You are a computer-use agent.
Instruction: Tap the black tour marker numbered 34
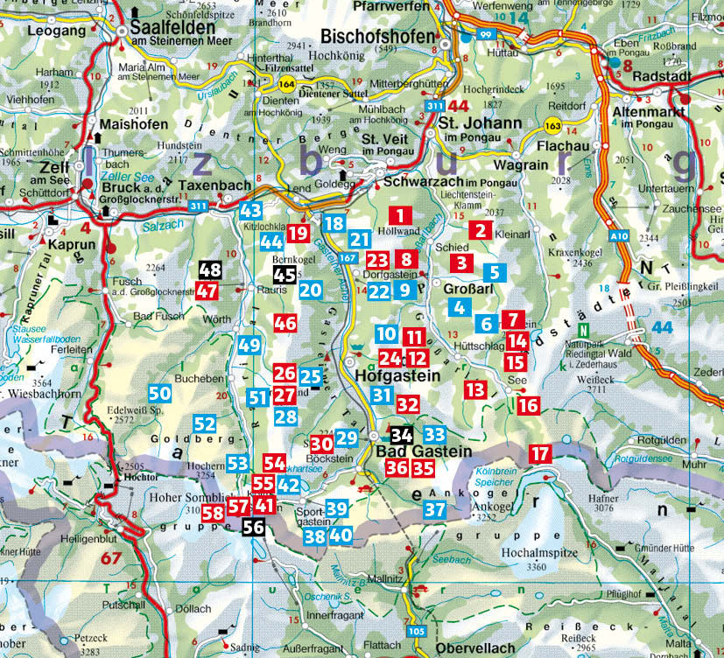(402, 434)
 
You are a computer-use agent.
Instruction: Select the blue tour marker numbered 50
(159, 393)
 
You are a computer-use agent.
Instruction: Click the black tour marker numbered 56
(253, 526)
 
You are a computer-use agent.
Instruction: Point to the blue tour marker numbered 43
(251, 210)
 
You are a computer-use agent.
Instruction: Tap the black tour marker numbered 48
(210, 270)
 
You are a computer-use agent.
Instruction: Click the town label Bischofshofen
(378, 37)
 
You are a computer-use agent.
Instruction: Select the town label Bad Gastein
(423, 451)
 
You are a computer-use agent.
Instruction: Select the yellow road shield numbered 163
(553, 126)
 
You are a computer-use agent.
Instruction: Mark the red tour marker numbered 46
(285, 323)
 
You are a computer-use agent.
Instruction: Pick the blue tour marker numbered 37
(435, 509)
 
